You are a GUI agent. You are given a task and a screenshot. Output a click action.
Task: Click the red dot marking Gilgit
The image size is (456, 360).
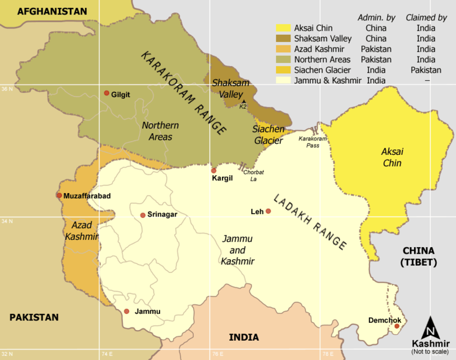coord(106,93)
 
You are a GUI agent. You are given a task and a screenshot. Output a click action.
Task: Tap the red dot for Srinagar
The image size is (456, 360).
coord(143,215)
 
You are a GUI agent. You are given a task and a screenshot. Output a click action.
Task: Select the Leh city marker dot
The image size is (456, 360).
coord(268,211)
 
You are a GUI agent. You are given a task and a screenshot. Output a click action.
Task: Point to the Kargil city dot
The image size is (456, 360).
coord(214,170)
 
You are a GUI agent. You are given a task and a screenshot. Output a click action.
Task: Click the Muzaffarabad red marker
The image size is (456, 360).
coord(59,195)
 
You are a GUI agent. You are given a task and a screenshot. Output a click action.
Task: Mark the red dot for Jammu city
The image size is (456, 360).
coord(127,311)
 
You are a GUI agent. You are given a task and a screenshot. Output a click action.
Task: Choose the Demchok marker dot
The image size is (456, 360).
coord(397,326)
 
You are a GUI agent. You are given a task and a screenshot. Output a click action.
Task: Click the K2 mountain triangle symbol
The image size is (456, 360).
coord(243,101)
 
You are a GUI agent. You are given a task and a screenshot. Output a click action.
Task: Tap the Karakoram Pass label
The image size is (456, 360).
coord(313,142)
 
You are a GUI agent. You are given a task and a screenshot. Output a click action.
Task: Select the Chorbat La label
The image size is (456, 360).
coord(253,175)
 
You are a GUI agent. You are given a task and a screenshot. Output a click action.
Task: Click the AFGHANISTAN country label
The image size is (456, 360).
coord(52,11)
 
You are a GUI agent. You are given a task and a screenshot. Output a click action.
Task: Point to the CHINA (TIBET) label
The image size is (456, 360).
coord(418,256)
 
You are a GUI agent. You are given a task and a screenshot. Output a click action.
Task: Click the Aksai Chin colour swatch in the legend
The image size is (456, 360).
coord(283,28)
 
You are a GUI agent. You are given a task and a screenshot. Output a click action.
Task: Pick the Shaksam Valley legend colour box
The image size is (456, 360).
coord(283,38)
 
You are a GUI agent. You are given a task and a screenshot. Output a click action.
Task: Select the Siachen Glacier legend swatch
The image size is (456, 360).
coord(283,70)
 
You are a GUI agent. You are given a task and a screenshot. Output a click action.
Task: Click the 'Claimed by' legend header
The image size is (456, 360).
coord(426,17)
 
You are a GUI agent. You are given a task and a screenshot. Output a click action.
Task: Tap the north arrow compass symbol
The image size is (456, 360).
coord(430,328)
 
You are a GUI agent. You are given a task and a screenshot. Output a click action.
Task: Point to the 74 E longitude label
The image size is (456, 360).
coord(107,354)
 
